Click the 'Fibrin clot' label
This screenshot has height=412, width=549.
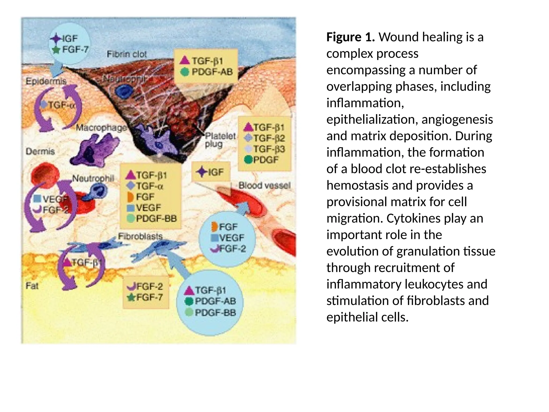click(127, 54)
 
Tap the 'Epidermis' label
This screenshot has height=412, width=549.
click(46, 81)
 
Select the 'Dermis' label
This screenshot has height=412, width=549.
click(40, 152)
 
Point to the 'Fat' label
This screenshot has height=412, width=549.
click(32, 286)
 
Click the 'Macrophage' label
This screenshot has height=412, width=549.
click(101, 128)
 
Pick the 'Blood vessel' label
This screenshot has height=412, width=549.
click(264, 185)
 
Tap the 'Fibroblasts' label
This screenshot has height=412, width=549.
click(140, 236)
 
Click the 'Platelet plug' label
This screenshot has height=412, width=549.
click(220, 140)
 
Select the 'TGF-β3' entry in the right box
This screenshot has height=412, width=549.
click(269, 149)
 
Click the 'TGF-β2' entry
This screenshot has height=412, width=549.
click(269, 138)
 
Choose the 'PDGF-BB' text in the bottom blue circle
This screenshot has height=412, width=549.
click(215, 312)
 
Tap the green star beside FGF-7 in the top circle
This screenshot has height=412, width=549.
click(56, 50)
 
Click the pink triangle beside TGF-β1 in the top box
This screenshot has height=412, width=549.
click(184, 60)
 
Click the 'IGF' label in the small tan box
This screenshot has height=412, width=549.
click(216, 172)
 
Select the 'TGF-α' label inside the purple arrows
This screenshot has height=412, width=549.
click(61, 105)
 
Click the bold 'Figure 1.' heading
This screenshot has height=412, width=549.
click(350, 37)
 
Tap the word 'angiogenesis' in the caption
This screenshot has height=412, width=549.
click(457, 119)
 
